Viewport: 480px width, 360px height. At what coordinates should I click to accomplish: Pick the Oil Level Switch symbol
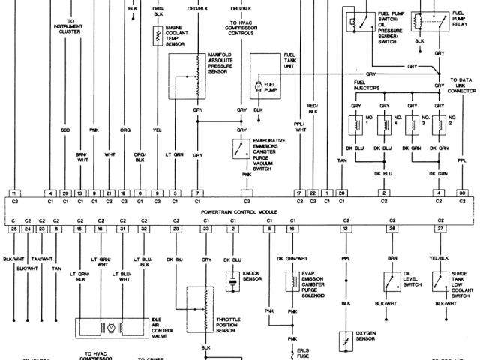click(x=391, y=282)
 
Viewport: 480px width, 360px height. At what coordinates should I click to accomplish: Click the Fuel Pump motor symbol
click(x=259, y=87)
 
